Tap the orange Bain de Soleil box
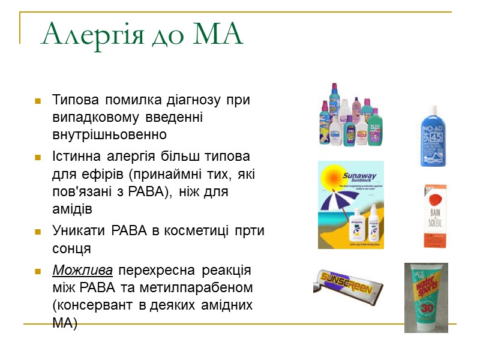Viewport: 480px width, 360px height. tap(436, 216)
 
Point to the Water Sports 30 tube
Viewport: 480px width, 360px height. tap(425, 297)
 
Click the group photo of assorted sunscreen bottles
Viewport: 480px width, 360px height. tap(350, 115)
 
